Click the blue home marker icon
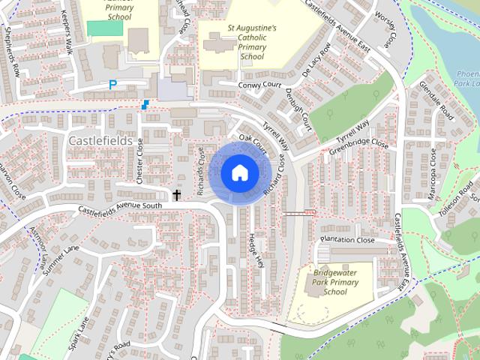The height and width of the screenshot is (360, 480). pyautogui.click(x=238, y=172)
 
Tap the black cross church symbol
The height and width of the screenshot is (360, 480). pyautogui.click(x=178, y=196)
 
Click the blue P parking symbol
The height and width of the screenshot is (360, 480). pyautogui.click(x=112, y=85)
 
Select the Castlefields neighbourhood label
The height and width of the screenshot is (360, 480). pyautogui.click(x=100, y=140)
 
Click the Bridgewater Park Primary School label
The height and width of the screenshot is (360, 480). pyautogui.click(x=337, y=281)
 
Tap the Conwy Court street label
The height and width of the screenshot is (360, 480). pyautogui.click(x=259, y=85)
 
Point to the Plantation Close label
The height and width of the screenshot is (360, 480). pyautogui.click(x=346, y=240)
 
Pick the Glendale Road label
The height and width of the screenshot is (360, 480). pyautogui.click(x=436, y=102)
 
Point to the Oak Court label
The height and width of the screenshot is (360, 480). pyautogui.click(x=253, y=142)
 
